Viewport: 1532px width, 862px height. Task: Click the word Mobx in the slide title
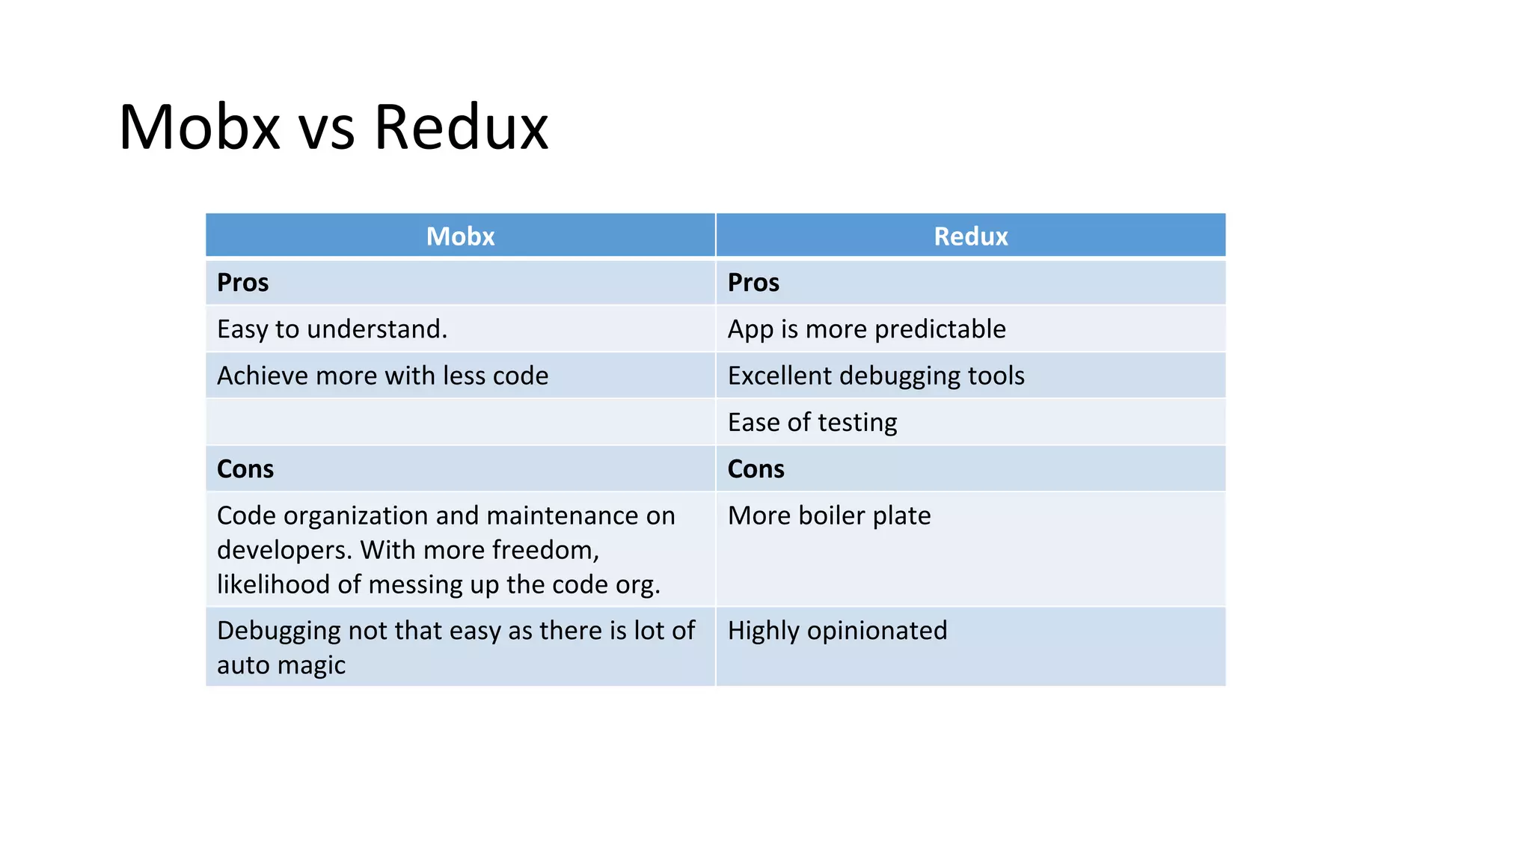pyautogui.click(x=199, y=127)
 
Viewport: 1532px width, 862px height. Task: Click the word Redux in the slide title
pyautogui.click(x=461, y=127)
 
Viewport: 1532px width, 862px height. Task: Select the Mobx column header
pyautogui.click(x=460, y=236)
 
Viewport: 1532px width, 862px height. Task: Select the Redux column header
pyautogui.click(x=970, y=236)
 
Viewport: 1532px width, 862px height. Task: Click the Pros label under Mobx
pyautogui.click(x=242, y=283)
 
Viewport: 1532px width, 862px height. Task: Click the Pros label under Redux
pyautogui.click(x=753, y=283)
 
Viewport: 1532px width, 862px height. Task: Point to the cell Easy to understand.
pyautogui.click(x=332, y=329)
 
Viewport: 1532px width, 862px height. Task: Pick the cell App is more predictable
pyautogui.click(x=866, y=329)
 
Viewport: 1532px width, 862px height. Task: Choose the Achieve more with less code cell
pyautogui.click(x=382, y=376)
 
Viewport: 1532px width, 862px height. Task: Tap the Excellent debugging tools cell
pyautogui.click(x=876, y=376)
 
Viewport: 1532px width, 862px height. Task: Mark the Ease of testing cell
pyautogui.click(x=812, y=423)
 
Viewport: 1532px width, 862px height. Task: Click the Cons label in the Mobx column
pyautogui.click(x=245, y=469)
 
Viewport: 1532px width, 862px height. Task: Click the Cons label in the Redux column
pyautogui.click(x=756, y=469)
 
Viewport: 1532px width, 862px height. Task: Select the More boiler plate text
pyautogui.click(x=829, y=516)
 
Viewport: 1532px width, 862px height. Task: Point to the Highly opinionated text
pyautogui.click(x=837, y=631)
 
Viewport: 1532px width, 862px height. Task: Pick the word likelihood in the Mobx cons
pyautogui.click(x=273, y=584)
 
